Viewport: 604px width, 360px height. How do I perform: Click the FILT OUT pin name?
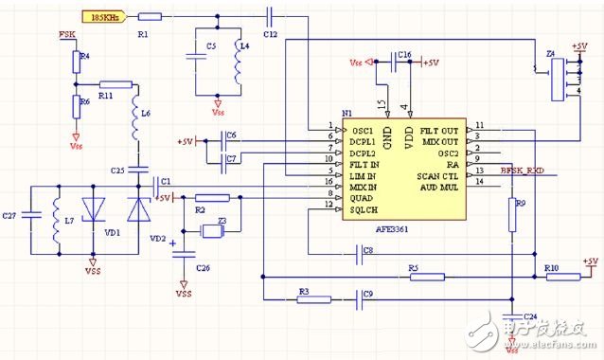coord(438,129)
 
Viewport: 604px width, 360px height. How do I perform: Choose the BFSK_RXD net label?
coord(524,171)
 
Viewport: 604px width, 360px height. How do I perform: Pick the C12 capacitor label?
coord(271,34)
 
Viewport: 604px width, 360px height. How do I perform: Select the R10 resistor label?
coord(551,268)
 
